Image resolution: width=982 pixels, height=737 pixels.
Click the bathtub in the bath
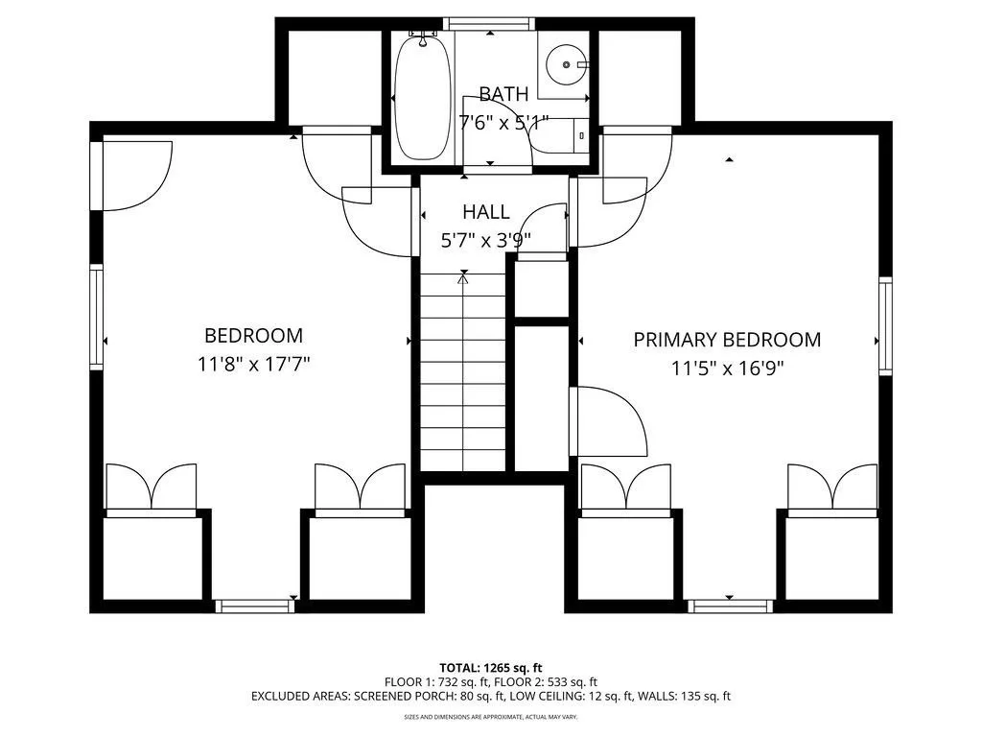click(x=422, y=97)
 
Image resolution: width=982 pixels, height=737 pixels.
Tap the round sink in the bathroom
click(x=566, y=64)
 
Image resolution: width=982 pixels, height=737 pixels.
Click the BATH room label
click(x=503, y=94)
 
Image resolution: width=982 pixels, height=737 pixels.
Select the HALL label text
click(x=486, y=212)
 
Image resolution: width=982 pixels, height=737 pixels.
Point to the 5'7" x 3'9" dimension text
click(x=486, y=241)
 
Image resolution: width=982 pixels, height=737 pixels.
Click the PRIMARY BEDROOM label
click(x=727, y=340)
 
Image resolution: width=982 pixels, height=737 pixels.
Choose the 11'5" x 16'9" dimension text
click(x=728, y=368)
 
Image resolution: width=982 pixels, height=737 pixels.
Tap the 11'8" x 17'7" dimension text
click(x=254, y=364)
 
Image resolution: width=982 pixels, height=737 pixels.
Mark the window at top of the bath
click(x=490, y=24)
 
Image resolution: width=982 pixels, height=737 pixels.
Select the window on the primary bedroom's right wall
click(x=885, y=326)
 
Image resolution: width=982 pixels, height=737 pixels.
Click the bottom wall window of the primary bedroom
click(x=730, y=606)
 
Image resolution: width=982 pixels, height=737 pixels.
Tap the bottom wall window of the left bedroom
click(x=255, y=606)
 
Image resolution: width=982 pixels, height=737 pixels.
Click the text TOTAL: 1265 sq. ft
click(x=490, y=668)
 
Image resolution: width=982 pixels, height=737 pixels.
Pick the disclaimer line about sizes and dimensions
click(x=490, y=716)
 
